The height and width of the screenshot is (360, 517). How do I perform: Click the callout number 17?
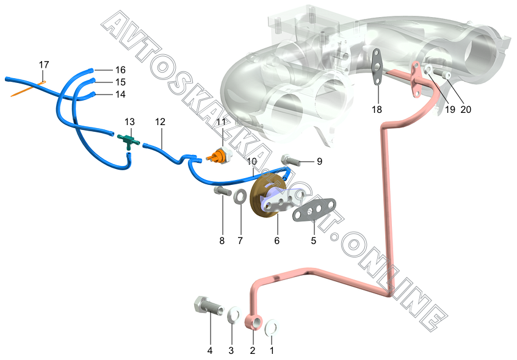pyautogui.click(x=43, y=65)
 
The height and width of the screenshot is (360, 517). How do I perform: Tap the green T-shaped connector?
pyautogui.click(x=128, y=139)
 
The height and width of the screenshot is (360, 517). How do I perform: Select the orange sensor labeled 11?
pyautogui.click(x=217, y=157)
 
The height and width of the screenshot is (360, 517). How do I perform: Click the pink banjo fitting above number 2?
pyautogui.click(x=255, y=322)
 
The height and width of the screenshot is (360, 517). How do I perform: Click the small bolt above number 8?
pyautogui.click(x=222, y=192)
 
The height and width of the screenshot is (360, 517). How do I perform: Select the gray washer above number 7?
pyautogui.click(x=240, y=196)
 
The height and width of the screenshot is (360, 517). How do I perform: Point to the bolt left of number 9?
pyautogui.click(x=291, y=160)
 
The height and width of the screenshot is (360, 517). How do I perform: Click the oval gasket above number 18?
pyautogui.click(x=378, y=65)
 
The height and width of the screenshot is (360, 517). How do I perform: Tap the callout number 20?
pyautogui.click(x=466, y=110)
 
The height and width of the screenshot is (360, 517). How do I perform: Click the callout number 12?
pyautogui.click(x=160, y=122)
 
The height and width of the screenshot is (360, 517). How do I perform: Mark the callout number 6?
pyautogui.click(x=277, y=241)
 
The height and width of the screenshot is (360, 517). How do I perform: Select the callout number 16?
pyautogui.click(x=120, y=70)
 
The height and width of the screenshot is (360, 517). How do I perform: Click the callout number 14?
pyautogui.click(x=120, y=95)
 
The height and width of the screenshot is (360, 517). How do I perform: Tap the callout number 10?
pyautogui.click(x=252, y=160)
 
